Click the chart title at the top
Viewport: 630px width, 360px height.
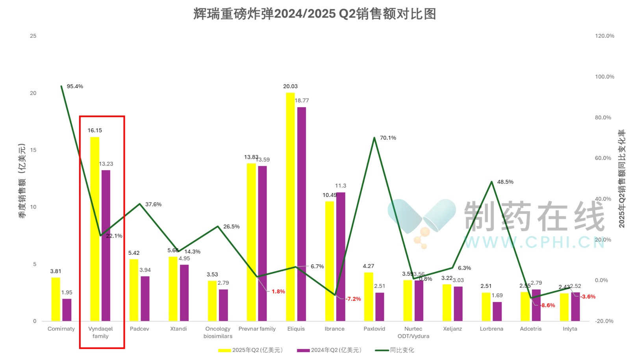315,14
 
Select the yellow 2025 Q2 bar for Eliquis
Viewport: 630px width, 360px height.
290,207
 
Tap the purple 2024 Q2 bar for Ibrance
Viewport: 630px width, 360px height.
341,256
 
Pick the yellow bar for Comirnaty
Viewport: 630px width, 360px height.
56,299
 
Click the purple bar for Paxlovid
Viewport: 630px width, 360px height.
380,307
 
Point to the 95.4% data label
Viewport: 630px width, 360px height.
75,86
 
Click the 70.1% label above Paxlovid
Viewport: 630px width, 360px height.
388,138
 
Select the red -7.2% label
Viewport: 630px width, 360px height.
353,299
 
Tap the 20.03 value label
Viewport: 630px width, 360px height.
290,86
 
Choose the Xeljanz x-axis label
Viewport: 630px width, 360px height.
452,329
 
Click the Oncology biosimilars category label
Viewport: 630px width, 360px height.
218,332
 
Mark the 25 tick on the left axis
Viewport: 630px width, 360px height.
33,36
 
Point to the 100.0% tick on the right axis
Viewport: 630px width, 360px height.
604,77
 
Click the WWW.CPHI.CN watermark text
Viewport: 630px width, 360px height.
534,242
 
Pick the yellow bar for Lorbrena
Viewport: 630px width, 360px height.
486,307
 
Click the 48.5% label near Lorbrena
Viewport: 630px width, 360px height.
505,182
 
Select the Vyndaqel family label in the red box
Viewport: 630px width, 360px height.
100,332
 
